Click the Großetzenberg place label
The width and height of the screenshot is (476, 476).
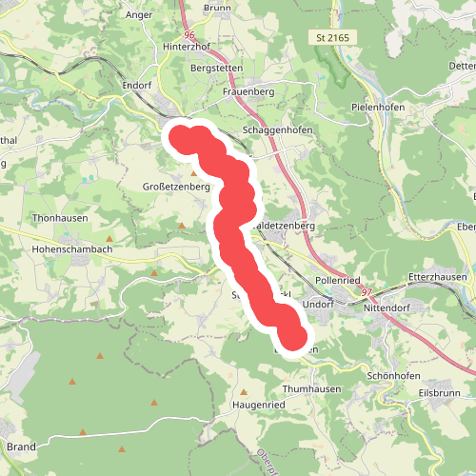click(175, 188)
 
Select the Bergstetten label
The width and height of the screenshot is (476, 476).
click(217, 69)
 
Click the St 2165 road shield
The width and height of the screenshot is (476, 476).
click(331, 37)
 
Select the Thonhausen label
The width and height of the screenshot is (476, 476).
click(59, 217)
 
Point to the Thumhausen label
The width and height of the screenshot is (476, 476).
click(311, 416)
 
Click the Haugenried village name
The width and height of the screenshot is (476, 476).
click(258, 431)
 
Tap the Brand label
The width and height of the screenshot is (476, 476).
click(21, 446)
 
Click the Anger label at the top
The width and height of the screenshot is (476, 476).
click(138, 15)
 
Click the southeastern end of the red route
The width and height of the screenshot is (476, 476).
click(296, 339)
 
